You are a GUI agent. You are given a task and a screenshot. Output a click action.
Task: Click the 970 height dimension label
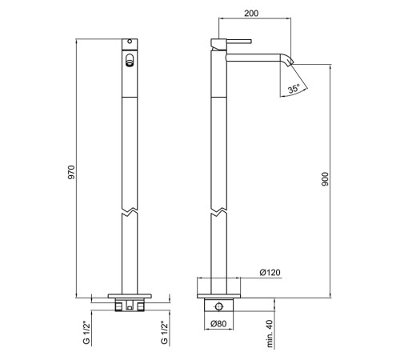tap(72, 172)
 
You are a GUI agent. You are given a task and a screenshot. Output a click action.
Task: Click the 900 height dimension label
tap(326, 179)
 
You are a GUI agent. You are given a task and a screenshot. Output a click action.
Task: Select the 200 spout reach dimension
tap(251, 14)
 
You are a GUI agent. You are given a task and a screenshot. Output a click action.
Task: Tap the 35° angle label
tap(294, 88)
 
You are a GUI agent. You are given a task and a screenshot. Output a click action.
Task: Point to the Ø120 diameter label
tap(270, 273)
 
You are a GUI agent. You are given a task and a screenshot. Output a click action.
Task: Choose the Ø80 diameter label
tap(218, 324)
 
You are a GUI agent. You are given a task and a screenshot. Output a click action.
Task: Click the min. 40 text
tap(270, 334)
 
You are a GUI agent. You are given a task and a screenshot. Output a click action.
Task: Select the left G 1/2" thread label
tap(86, 334)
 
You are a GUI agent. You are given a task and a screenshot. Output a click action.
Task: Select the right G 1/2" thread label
tap(165, 334)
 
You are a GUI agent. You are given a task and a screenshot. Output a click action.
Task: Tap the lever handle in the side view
tap(238, 42)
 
